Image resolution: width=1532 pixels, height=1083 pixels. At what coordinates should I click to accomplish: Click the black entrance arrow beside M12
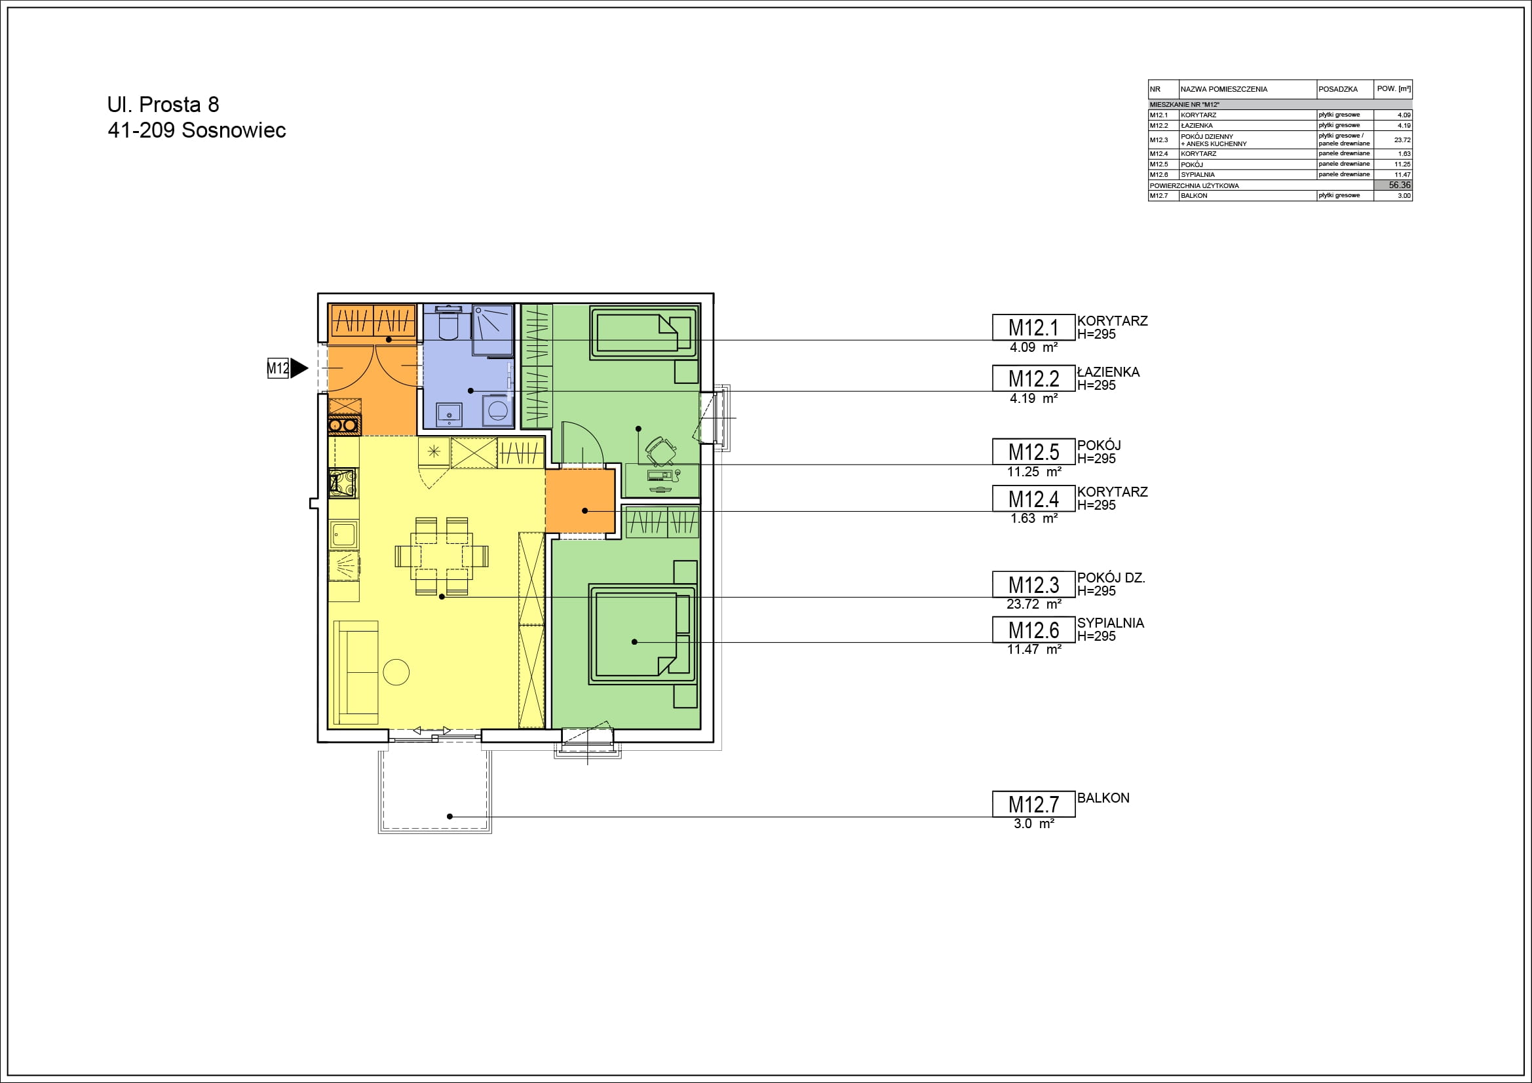click(x=299, y=368)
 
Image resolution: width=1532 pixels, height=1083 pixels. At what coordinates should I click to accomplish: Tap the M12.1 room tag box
click(x=1033, y=327)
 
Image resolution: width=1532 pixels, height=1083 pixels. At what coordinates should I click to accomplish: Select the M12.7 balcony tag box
click(x=1033, y=804)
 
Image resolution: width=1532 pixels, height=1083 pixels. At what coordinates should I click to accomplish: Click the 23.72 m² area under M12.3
click(x=1033, y=604)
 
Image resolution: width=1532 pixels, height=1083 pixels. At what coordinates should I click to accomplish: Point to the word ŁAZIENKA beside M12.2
click(x=1108, y=371)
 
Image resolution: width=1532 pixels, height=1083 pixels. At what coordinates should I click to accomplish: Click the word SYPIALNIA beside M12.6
click(x=1110, y=622)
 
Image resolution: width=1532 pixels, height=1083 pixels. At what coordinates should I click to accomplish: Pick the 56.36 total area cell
click(x=1393, y=185)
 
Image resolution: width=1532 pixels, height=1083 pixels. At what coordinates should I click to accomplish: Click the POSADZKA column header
click(x=1338, y=88)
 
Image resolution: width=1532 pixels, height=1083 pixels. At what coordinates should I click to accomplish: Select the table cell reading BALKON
click(x=1194, y=195)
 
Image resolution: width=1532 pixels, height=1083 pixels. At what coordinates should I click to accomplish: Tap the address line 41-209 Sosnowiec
click(x=197, y=130)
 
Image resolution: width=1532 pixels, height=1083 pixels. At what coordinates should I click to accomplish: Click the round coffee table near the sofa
click(x=396, y=672)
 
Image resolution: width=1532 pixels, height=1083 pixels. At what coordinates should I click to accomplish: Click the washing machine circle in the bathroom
click(x=497, y=410)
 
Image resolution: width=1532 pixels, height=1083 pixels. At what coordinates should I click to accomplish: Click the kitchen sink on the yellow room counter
click(x=344, y=534)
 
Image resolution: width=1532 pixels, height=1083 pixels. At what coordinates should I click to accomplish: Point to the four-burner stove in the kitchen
click(x=343, y=483)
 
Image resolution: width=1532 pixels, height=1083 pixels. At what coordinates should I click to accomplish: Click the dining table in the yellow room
click(x=442, y=556)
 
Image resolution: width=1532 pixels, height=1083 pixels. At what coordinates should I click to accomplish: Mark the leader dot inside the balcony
click(x=450, y=816)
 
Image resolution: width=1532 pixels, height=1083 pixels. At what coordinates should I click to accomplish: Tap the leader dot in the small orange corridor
click(x=584, y=510)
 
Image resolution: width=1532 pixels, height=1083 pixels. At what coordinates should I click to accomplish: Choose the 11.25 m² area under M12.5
click(x=1033, y=472)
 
